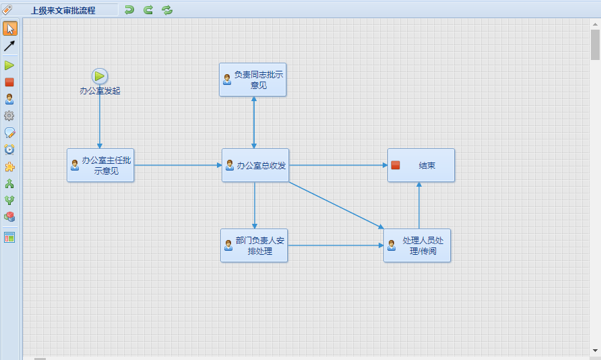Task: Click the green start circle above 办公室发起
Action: [99, 76]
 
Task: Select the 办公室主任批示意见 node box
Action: [100, 165]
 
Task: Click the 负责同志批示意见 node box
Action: [253, 80]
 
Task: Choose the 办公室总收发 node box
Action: [255, 165]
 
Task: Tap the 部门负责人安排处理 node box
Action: [254, 245]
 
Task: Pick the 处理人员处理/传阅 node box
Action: [417, 245]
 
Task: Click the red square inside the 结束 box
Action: [396, 165]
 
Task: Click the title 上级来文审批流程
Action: [63, 10]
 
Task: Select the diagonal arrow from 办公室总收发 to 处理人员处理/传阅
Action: [336, 205]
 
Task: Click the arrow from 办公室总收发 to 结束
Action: [338, 165]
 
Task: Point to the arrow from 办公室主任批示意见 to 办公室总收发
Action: [178, 165]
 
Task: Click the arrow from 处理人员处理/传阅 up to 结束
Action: [419, 205]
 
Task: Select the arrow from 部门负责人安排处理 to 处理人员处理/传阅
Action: [336, 245]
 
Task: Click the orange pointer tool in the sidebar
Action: [10, 29]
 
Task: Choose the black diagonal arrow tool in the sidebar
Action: [9, 46]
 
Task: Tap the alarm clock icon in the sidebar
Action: [9, 149]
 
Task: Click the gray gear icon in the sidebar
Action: [9, 116]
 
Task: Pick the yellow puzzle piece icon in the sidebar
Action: [9, 167]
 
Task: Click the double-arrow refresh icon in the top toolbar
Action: [167, 10]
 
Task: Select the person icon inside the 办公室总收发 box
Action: [230, 165]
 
